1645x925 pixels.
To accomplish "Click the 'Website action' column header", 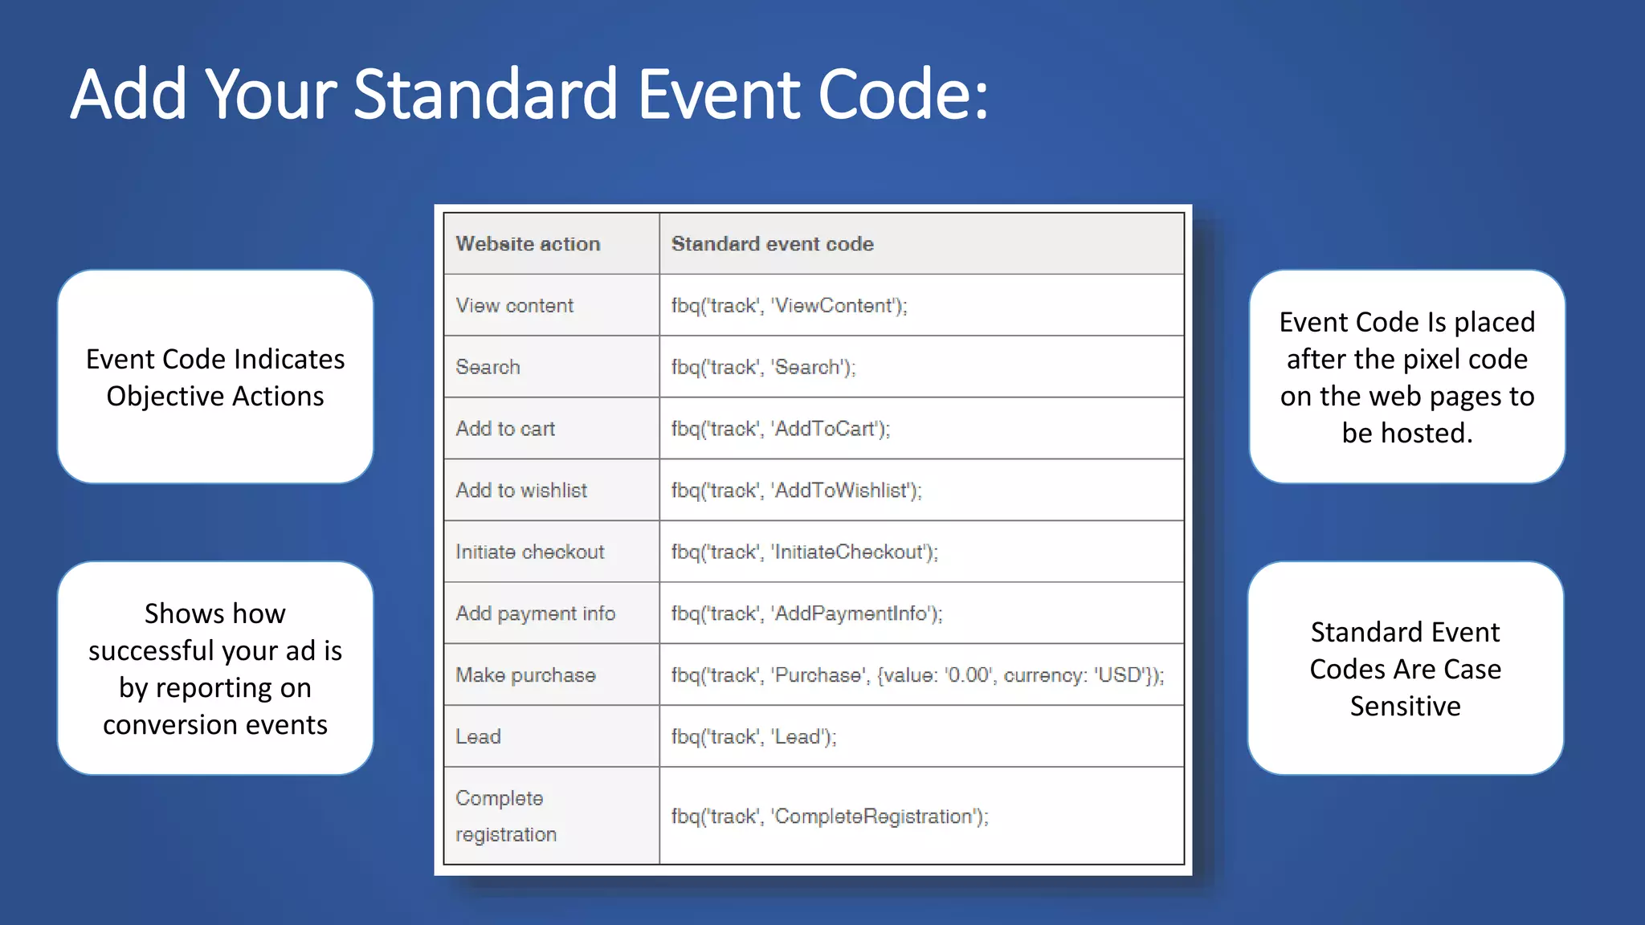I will coord(528,244).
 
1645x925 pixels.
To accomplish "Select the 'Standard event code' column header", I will coord(772,244).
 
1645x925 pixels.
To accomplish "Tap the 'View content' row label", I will coord(514,306).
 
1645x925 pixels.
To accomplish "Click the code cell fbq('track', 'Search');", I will coord(763,368).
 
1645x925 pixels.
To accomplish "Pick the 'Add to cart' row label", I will coord(505,429).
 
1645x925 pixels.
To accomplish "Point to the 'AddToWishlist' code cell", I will coord(796,491).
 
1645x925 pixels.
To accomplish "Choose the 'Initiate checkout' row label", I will coord(529,552).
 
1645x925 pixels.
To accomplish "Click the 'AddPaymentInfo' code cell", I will coord(806,614).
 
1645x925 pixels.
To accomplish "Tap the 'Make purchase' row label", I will coord(525,675).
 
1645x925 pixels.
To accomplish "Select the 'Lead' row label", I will coord(478,737).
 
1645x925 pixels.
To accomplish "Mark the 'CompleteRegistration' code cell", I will coord(830,817).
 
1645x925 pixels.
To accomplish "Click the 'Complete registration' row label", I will coord(505,816).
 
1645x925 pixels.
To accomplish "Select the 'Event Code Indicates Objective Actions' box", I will coord(215,377).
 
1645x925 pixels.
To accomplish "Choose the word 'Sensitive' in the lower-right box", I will coord(1405,707).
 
